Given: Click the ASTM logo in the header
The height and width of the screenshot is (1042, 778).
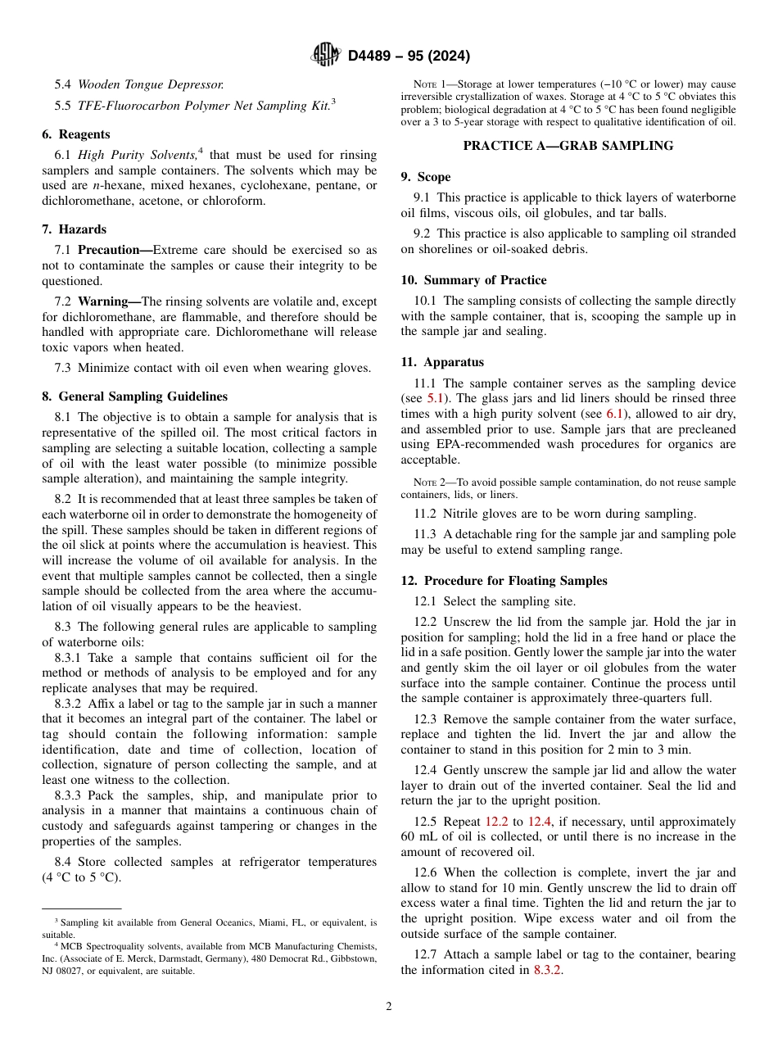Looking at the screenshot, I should (x=326, y=56).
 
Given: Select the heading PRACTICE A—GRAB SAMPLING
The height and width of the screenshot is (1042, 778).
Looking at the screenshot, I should (x=568, y=146).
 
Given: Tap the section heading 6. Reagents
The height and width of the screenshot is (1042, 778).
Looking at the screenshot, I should (x=75, y=134).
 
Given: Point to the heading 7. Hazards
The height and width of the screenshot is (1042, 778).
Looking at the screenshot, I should (x=74, y=229).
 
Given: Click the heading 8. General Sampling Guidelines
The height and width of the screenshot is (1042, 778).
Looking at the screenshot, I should (x=134, y=396).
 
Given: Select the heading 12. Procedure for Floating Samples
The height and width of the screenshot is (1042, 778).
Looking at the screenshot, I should (x=504, y=581).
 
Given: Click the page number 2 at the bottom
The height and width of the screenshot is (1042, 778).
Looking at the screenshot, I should (x=389, y=1007).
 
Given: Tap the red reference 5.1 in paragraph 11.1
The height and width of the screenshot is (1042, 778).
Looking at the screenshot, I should (x=436, y=399).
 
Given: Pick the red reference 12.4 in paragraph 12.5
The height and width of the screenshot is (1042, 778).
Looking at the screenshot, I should (x=539, y=822).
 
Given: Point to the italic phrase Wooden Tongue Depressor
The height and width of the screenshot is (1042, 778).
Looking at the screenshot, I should (x=151, y=84).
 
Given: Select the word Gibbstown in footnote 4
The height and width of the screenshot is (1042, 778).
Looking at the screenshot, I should (x=354, y=958).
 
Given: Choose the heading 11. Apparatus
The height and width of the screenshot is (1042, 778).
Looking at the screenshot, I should (x=442, y=362).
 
